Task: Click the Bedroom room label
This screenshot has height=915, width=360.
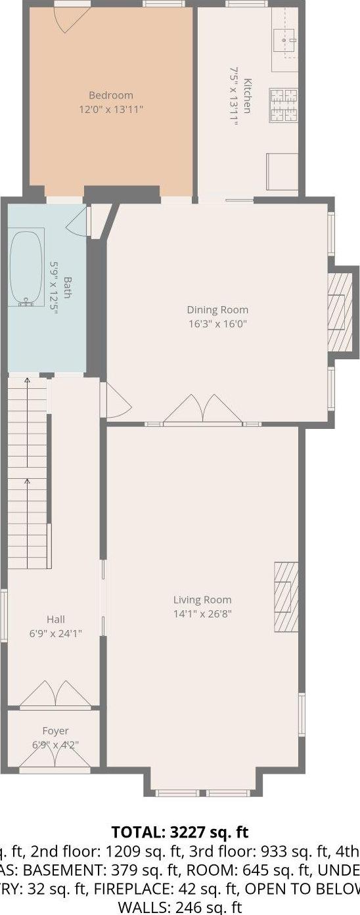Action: (111, 95)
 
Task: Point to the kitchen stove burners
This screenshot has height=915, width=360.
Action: (283, 105)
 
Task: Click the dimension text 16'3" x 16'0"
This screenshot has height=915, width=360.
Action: (217, 324)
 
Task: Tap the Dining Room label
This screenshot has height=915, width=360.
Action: (217, 310)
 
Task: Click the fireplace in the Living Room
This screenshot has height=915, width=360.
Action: (286, 596)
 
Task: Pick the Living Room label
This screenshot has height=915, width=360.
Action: (202, 600)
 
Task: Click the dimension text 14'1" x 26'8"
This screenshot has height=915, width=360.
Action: (202, 614)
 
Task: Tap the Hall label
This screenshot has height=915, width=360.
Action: (56, 619)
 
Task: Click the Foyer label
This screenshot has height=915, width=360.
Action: (55, 731)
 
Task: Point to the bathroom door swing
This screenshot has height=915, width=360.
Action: (78, 222)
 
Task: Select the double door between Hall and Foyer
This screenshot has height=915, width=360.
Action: (55, 695)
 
